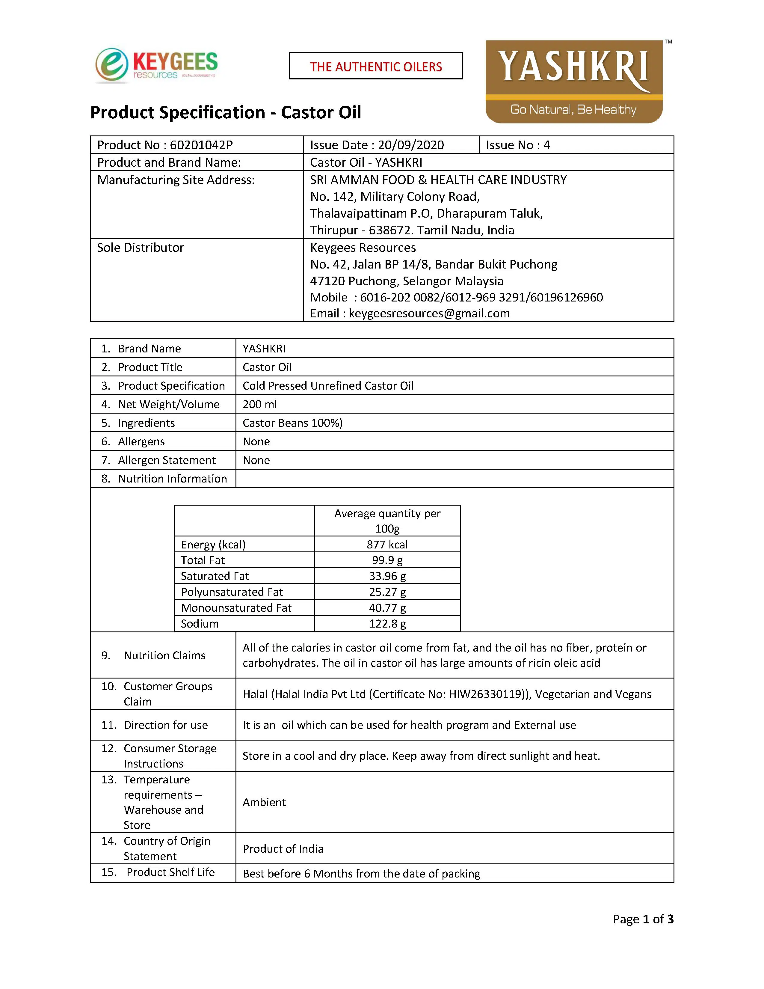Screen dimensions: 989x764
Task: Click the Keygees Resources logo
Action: pyautogui.click(x=156, y=66)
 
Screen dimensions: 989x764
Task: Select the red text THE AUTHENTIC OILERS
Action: pyautogui.click(x=376, y=67)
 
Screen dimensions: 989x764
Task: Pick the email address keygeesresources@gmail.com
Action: pyautogui.click(x=429, y=313)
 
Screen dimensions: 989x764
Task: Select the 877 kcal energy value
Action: pyautogui.click(x=387, y=544)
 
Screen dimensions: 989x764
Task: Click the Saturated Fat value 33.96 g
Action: pyautogui.click(x=387, y=576)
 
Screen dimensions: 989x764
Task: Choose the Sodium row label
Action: pyautogui.click(x=200, y=624)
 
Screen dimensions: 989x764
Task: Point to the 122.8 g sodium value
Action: pyautogui.click(x=387, y=624)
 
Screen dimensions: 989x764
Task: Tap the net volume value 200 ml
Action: pyautogui.click(x=259, y=404)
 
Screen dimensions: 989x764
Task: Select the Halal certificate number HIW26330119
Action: pyautogui.click(x=486, y=694)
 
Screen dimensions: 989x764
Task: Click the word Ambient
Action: pyautogui.click(x=264, y=802)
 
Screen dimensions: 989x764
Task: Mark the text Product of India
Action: pyautogui.click(x=283, y=849)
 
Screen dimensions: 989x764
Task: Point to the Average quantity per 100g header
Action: pyautogui.click(x=387, y=521)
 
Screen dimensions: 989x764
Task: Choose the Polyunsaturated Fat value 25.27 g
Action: pyautogui.click(x=387, y=592)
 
